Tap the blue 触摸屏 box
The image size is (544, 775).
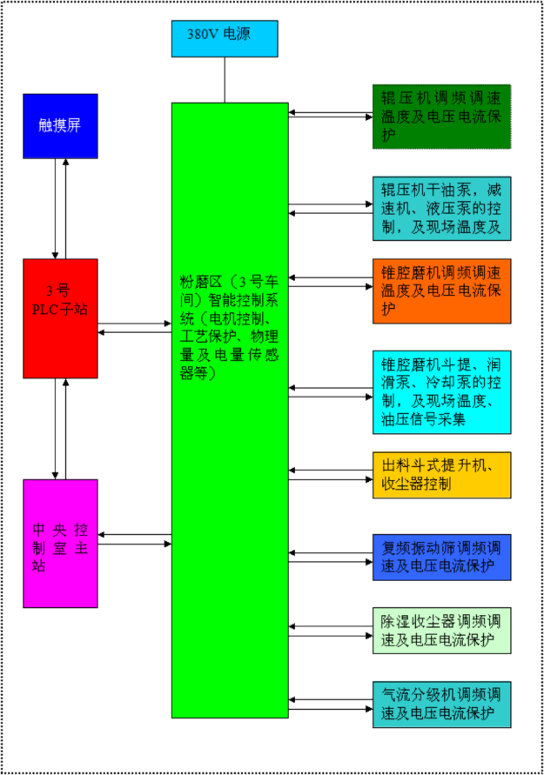(x=60, y=125)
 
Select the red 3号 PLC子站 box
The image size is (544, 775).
(x=60, y=317)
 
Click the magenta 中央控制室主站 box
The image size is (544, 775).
(x=60, y=543)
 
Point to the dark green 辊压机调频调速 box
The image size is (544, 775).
(x=441, y=116)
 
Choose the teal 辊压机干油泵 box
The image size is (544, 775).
(x=441, y=209)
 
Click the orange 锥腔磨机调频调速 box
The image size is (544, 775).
(x=441, y=291)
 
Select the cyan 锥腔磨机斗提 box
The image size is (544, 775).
(x=441, y=391)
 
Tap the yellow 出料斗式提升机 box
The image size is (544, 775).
(x=441, y=475)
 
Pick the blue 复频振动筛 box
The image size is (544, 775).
(x=441, y=557)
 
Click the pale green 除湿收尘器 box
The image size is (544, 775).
(x=441, y=631)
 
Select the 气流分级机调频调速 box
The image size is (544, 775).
(x=441, y=705)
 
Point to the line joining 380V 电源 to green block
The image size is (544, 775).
(x=225, y=80)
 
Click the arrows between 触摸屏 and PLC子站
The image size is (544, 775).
(x=60, y=209)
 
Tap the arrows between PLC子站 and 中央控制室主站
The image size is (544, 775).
(x=60, y=428)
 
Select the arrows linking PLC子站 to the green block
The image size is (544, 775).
(x=134, y=328)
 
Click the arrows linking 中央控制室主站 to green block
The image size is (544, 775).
(x=134, y=539)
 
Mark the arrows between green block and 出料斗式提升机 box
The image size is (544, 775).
(x=331, y=473)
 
